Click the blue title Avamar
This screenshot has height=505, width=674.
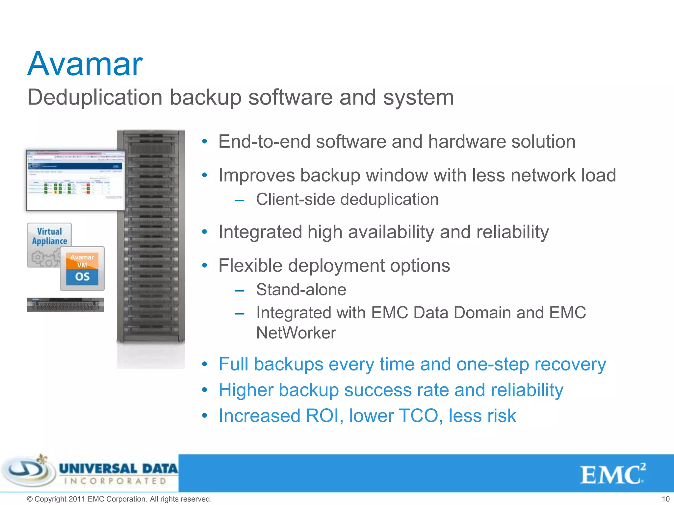[x=85, y=64]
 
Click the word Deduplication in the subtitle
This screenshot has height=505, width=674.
[x=95, y=98]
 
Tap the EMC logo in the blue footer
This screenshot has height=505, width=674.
[x=612, y=474]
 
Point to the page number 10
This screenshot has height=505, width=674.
[x=665, y=499]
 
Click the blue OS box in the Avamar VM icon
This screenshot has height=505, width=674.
[x=82, y=277]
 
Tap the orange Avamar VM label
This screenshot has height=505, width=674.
[x=82, y=261]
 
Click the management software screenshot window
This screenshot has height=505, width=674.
[x=75, y=180]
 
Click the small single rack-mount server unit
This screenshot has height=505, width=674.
[x=65, y=305]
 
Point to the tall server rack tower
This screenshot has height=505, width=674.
[x=151, y=237]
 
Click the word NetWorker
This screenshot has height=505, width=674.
[x=296, y=333]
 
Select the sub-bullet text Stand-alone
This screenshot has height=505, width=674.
[x=301, y=290]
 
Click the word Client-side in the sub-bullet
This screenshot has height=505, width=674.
[x=295, y=200]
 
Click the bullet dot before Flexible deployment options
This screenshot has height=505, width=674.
[x=204, y=265]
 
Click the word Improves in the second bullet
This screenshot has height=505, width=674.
[x=256, y=175]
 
